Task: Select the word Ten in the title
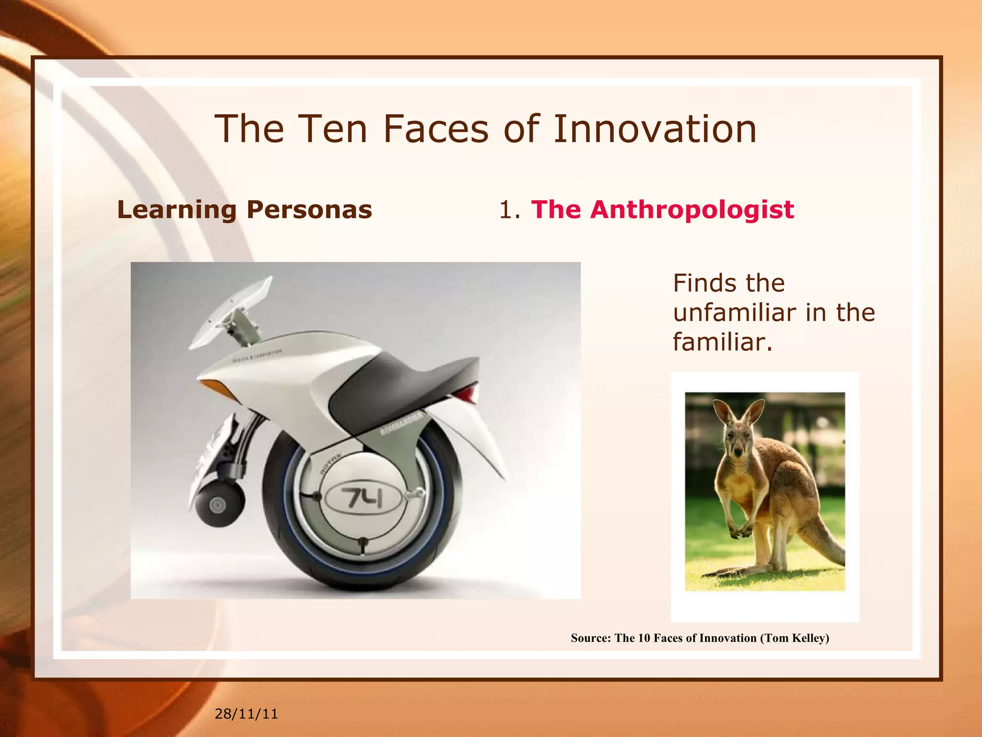tap(332, 129)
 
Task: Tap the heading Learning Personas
tap(245, 210)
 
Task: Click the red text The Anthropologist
tap(663, 210)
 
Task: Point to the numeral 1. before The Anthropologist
tap(509, 210)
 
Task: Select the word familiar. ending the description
tap(723, 343)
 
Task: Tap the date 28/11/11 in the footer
tap(246, 714)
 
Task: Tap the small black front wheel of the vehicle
tap(219, 504)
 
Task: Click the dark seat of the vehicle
tap(403, 379)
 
